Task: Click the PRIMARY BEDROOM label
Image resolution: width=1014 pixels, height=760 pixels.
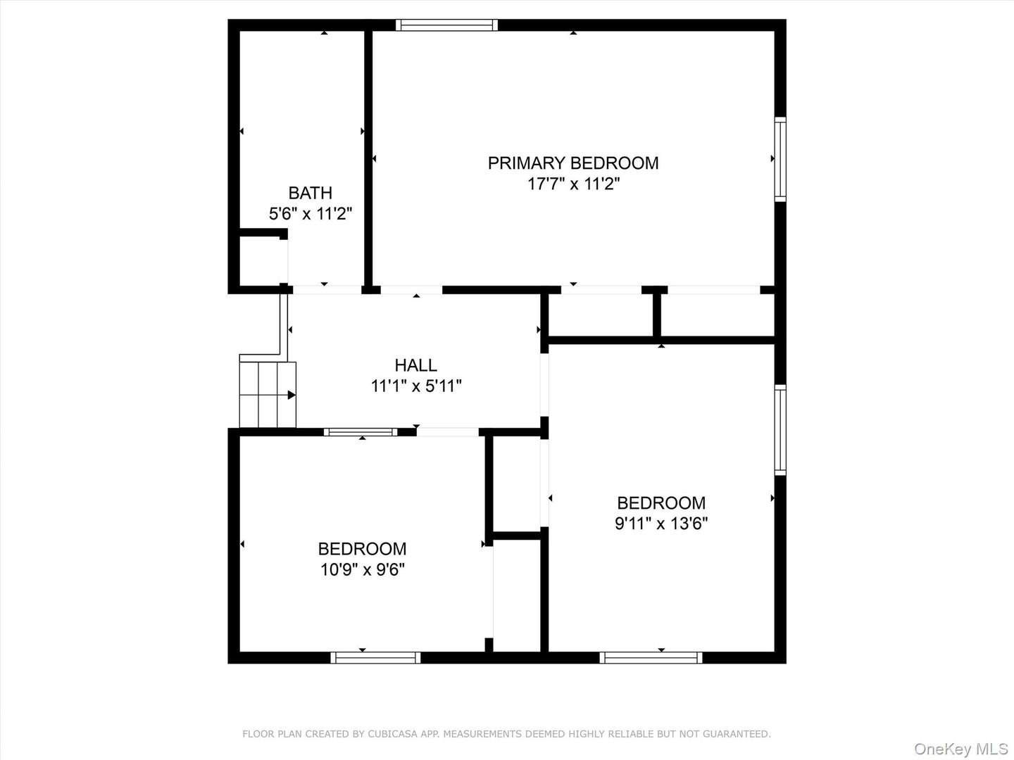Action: click(x=573, y=163)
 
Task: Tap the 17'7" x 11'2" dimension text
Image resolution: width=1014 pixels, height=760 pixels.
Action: click(x=573, y=184)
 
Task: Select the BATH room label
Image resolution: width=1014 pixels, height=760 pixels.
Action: click(x=310, y=193)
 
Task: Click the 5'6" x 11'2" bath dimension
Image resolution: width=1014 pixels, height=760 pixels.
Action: click(x=310, y=213)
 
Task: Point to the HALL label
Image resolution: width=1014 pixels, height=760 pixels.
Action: click(x=415, y=365)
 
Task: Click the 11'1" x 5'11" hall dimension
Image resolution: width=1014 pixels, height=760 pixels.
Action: click(x=415, y=386)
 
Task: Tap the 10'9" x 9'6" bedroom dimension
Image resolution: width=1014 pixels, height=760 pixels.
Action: click(x=362, y=569)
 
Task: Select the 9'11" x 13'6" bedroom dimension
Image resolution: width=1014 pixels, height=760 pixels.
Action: click(x=661, y=524)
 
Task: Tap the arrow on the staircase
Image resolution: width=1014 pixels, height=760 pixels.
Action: click(x=291, y=395)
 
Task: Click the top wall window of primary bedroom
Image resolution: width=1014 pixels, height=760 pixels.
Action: click(x=446, y=25)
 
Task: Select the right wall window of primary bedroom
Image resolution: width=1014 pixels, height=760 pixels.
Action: click(x=780, y=159)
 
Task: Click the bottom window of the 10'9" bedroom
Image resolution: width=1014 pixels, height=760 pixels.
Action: click(x=375, y=657)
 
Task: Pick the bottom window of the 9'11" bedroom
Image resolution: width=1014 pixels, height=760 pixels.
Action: click(x=651, y=657)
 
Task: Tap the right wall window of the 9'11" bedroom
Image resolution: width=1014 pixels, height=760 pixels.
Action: click(x=780, y=429)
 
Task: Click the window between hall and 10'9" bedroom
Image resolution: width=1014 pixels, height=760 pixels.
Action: click(x=361, y=432)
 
